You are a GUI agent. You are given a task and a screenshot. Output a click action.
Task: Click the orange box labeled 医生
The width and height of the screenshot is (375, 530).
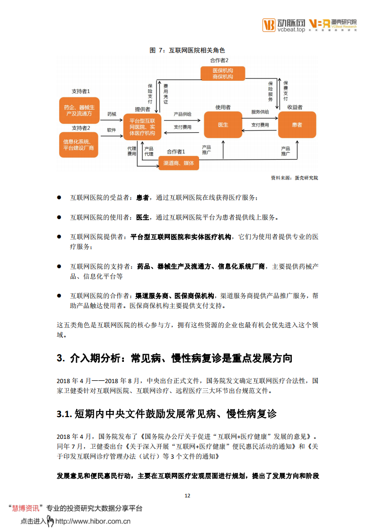click(223, 125)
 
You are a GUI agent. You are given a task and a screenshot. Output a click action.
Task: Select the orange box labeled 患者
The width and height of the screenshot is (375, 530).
click(297, 125)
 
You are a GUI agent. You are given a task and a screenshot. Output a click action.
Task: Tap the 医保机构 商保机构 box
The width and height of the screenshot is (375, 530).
click(223, 73)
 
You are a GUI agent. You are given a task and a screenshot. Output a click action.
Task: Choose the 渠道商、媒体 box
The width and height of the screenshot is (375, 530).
click(178, 163)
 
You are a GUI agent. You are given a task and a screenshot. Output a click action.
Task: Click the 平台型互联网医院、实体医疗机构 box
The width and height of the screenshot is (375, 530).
click(142, 127)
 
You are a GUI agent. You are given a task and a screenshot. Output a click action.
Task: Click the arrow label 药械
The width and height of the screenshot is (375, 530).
click(112, 114)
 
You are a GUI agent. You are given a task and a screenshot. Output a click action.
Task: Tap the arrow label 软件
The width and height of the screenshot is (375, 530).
click(112, 129)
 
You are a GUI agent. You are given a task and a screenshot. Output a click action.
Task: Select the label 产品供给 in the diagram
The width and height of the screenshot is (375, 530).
click(182, 114)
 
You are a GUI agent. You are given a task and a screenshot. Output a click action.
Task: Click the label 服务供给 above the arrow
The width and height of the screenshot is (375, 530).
click(260, 112)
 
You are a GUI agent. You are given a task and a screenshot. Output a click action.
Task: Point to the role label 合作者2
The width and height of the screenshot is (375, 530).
click(219, 60)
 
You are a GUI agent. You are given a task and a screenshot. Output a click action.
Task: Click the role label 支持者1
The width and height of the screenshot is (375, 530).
click(81, 91)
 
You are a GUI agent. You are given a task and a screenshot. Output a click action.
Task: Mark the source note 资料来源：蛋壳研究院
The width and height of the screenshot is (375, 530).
click(294, 178)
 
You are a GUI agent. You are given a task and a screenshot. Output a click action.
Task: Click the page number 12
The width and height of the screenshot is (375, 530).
click(187, 496)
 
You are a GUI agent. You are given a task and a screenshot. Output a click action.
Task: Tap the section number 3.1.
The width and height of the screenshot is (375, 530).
click(64, 414)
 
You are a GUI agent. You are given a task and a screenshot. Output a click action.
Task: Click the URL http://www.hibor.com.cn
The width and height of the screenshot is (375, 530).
click(93, 521)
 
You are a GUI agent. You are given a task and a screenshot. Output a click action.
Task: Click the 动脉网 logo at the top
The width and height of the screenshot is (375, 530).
click(284, 24)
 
